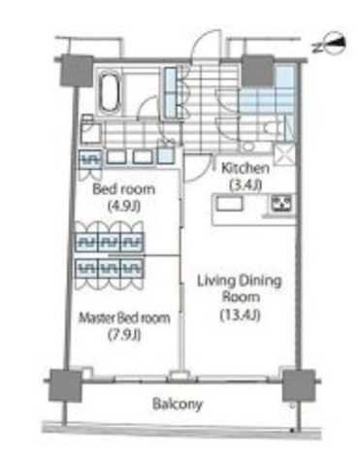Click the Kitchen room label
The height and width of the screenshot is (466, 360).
245,168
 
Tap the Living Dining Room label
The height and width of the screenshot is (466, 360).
240,288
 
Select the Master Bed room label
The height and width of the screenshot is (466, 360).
124,318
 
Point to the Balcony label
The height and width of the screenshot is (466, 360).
178,404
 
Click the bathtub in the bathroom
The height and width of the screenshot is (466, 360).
109,91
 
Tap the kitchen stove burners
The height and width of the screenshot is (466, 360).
281,203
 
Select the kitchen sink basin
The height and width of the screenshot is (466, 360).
229,204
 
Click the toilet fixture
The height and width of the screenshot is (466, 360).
272,129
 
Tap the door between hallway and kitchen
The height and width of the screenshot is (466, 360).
198,168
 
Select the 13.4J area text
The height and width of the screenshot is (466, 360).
240,316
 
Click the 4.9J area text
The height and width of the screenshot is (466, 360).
124,206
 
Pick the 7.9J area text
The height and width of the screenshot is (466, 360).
124,335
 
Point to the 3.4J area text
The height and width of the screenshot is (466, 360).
245,185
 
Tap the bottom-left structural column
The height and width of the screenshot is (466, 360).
65,385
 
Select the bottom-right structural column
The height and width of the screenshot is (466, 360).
299,385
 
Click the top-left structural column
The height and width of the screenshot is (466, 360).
77,71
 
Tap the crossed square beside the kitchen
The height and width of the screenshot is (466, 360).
285,154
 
